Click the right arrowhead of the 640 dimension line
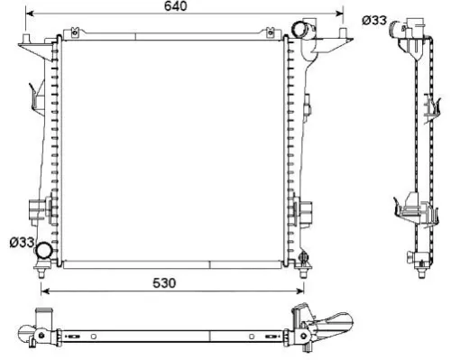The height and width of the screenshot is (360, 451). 342,14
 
